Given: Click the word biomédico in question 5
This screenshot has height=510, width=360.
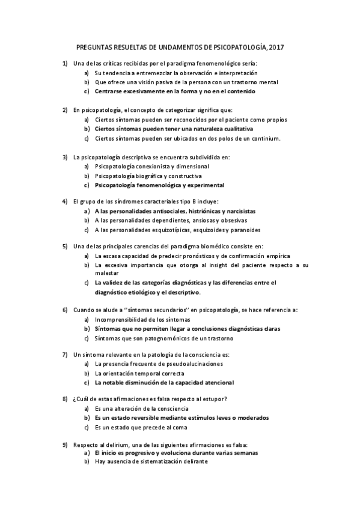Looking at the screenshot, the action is point(228,246).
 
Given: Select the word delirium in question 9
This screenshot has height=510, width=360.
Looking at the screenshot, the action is point(114,444).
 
